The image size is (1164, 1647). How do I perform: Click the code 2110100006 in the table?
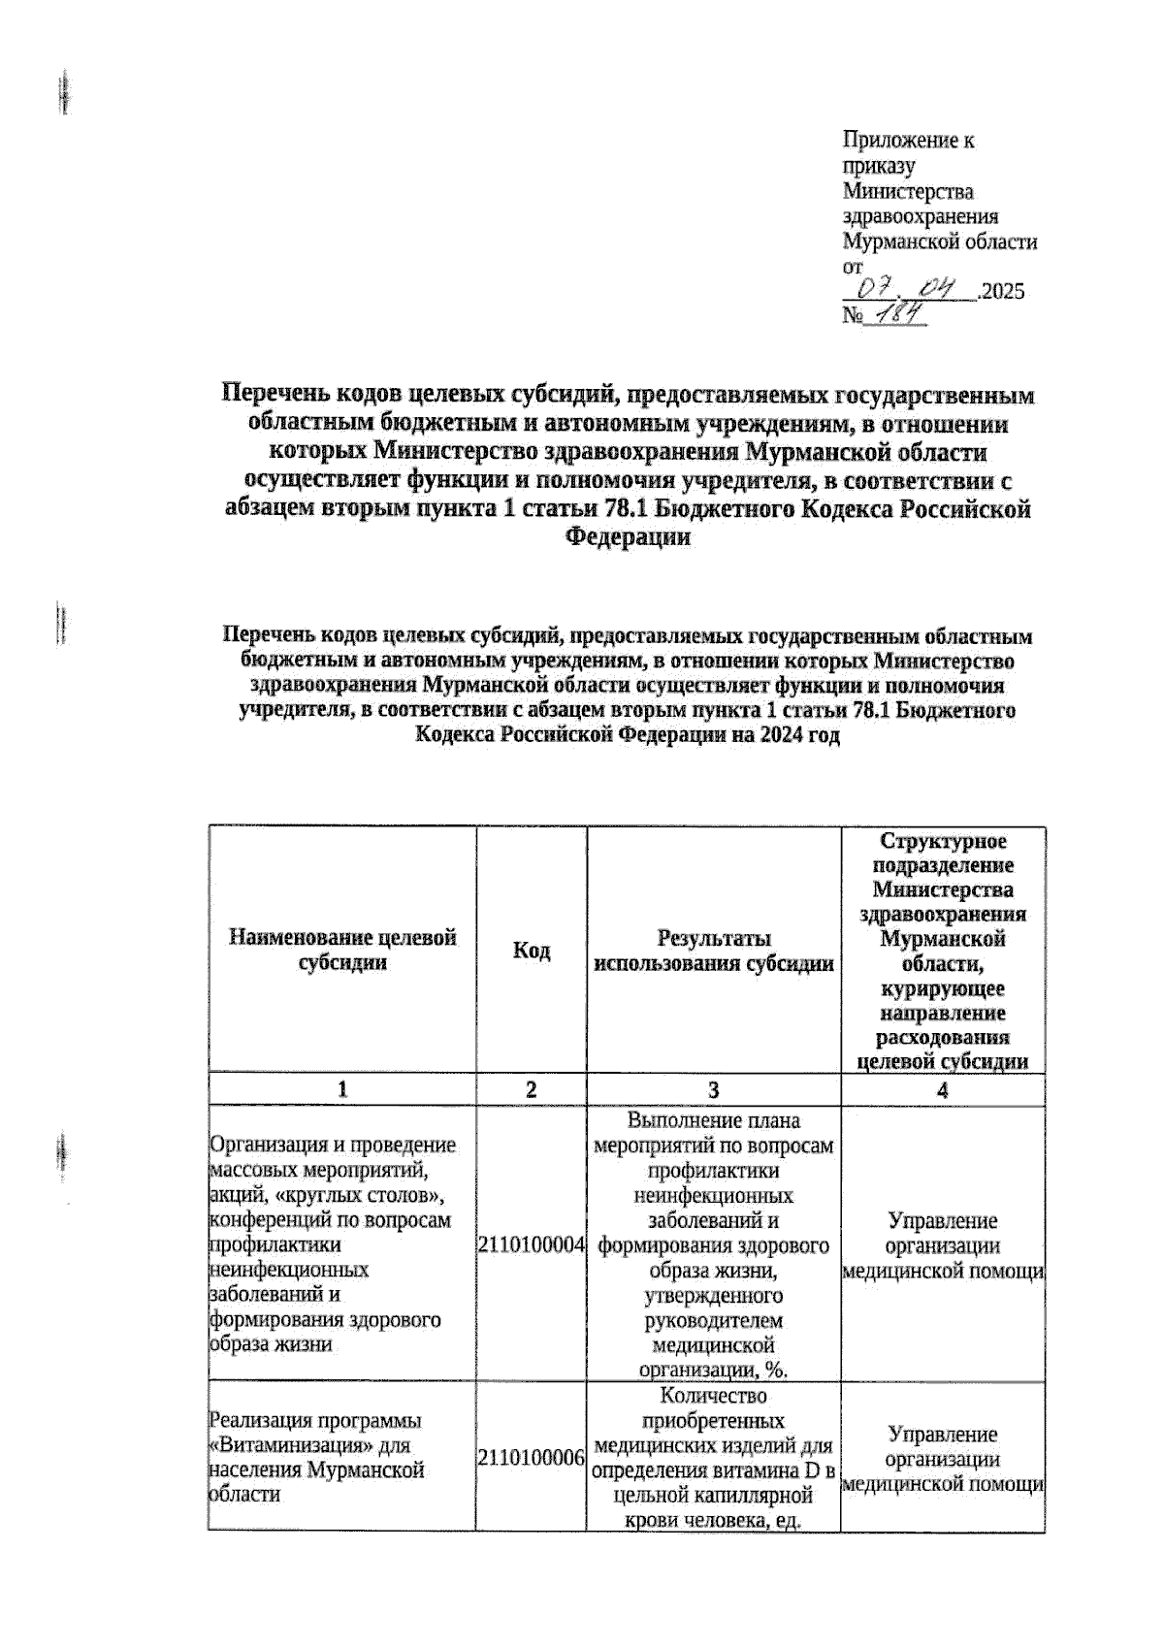531,1458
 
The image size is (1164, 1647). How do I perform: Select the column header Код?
531,951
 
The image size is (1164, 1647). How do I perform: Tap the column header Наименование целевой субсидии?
342,951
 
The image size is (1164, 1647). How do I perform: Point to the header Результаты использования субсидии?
714,951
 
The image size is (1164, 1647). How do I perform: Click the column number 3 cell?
714,1089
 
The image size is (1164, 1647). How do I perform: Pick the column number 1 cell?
342,1089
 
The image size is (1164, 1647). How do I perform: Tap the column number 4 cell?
942,1089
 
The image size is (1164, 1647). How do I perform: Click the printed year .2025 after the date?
1001,291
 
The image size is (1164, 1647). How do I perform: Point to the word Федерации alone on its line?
628,537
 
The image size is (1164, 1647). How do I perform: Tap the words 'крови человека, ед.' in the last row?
714,1521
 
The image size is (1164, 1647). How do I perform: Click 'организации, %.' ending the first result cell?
714,1371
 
